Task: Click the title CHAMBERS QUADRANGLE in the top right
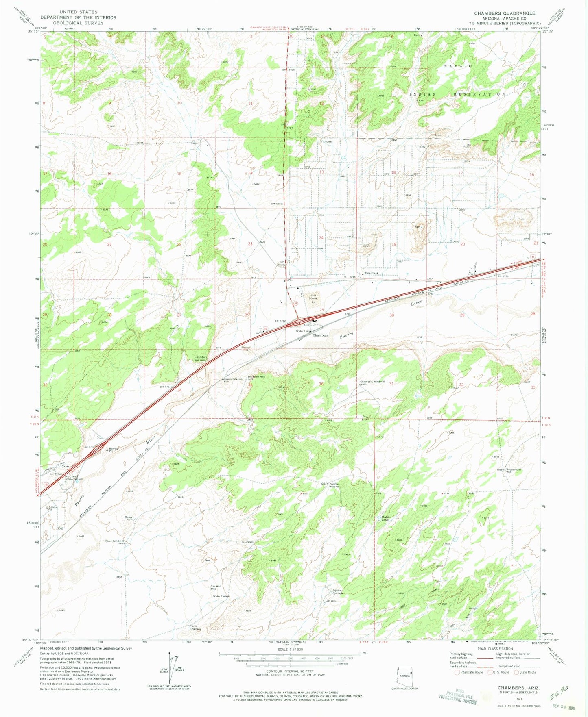click(x=504, y=13)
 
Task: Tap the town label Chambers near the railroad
click(x=320, y=335)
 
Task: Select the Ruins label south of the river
click(x=129, y=517)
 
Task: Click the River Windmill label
click(x=114, y=541)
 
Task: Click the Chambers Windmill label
click(x=372, y=382)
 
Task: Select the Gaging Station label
click(x=233, y=379)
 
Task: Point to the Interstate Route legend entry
click(x=469, y=672)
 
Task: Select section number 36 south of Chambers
click(x=321, y=384)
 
